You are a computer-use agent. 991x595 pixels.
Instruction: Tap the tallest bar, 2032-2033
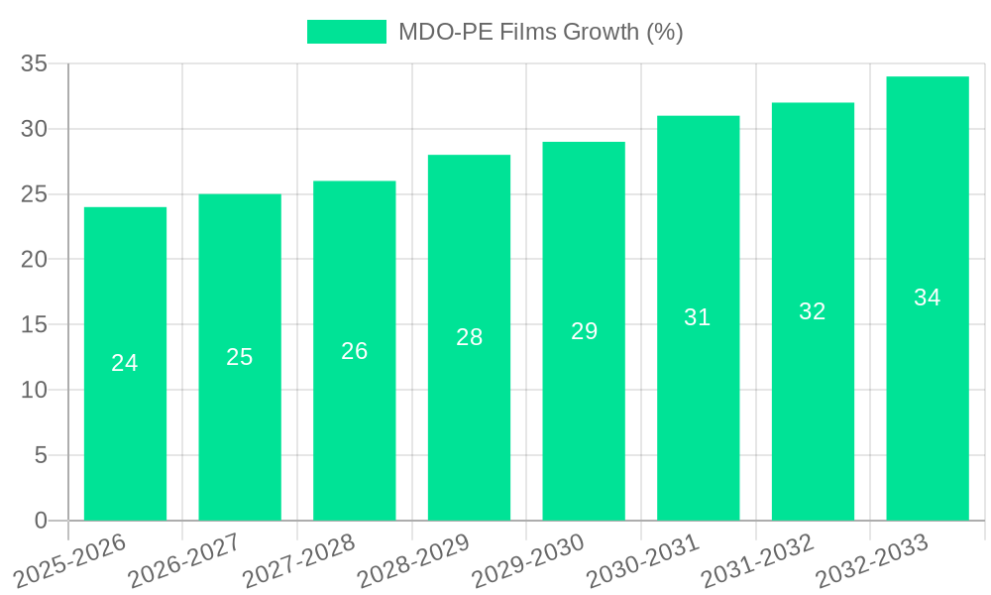coord(928,397)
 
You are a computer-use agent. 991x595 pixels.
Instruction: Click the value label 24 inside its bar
coord(125,363)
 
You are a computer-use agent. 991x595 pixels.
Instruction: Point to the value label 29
coord(584,331)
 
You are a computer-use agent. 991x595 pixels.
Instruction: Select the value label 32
coord(813,311)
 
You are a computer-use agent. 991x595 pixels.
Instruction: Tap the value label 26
coord(355,351)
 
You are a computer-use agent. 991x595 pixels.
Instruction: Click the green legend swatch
coord(346,32)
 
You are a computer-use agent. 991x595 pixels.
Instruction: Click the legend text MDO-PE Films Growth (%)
coord(540,32)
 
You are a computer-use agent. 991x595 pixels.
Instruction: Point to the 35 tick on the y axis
coord(35,63)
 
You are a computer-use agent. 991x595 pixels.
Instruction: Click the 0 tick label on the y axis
coord(41,521)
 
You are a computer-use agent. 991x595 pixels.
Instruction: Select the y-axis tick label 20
coord(35,260)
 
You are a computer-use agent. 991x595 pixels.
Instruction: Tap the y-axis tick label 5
coord(41,455)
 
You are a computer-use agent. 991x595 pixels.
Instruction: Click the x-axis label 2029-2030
coord(526,561)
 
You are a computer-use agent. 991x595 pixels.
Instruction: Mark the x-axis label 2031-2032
coord(756,561)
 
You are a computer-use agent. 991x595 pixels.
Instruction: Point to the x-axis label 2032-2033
coord(870,561)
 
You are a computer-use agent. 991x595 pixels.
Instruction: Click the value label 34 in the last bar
coord(928,297)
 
